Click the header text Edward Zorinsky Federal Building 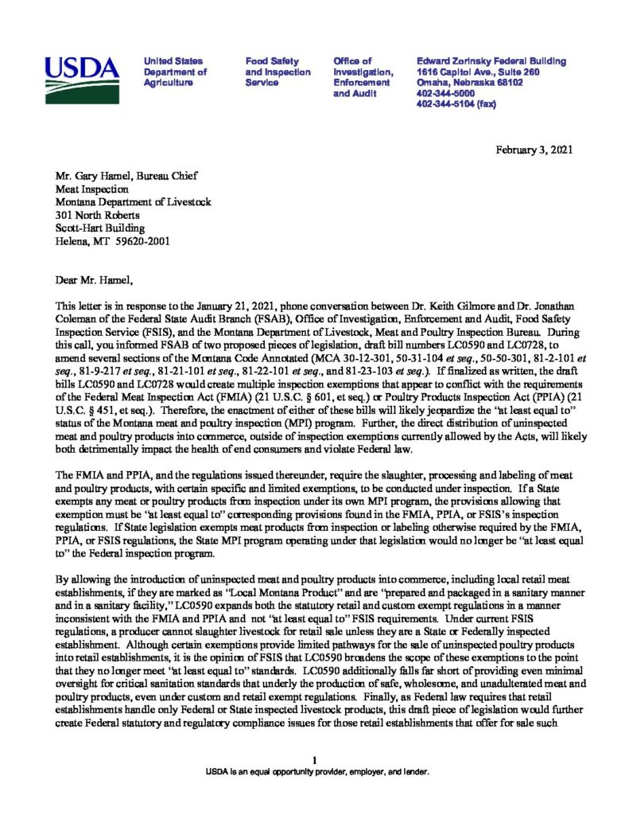(491, 61)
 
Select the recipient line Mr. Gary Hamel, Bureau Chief (126, 176)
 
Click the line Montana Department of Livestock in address (133, 202)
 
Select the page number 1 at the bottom (315, 760)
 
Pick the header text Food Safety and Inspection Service (278, 72)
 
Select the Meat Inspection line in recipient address (91, 189)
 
